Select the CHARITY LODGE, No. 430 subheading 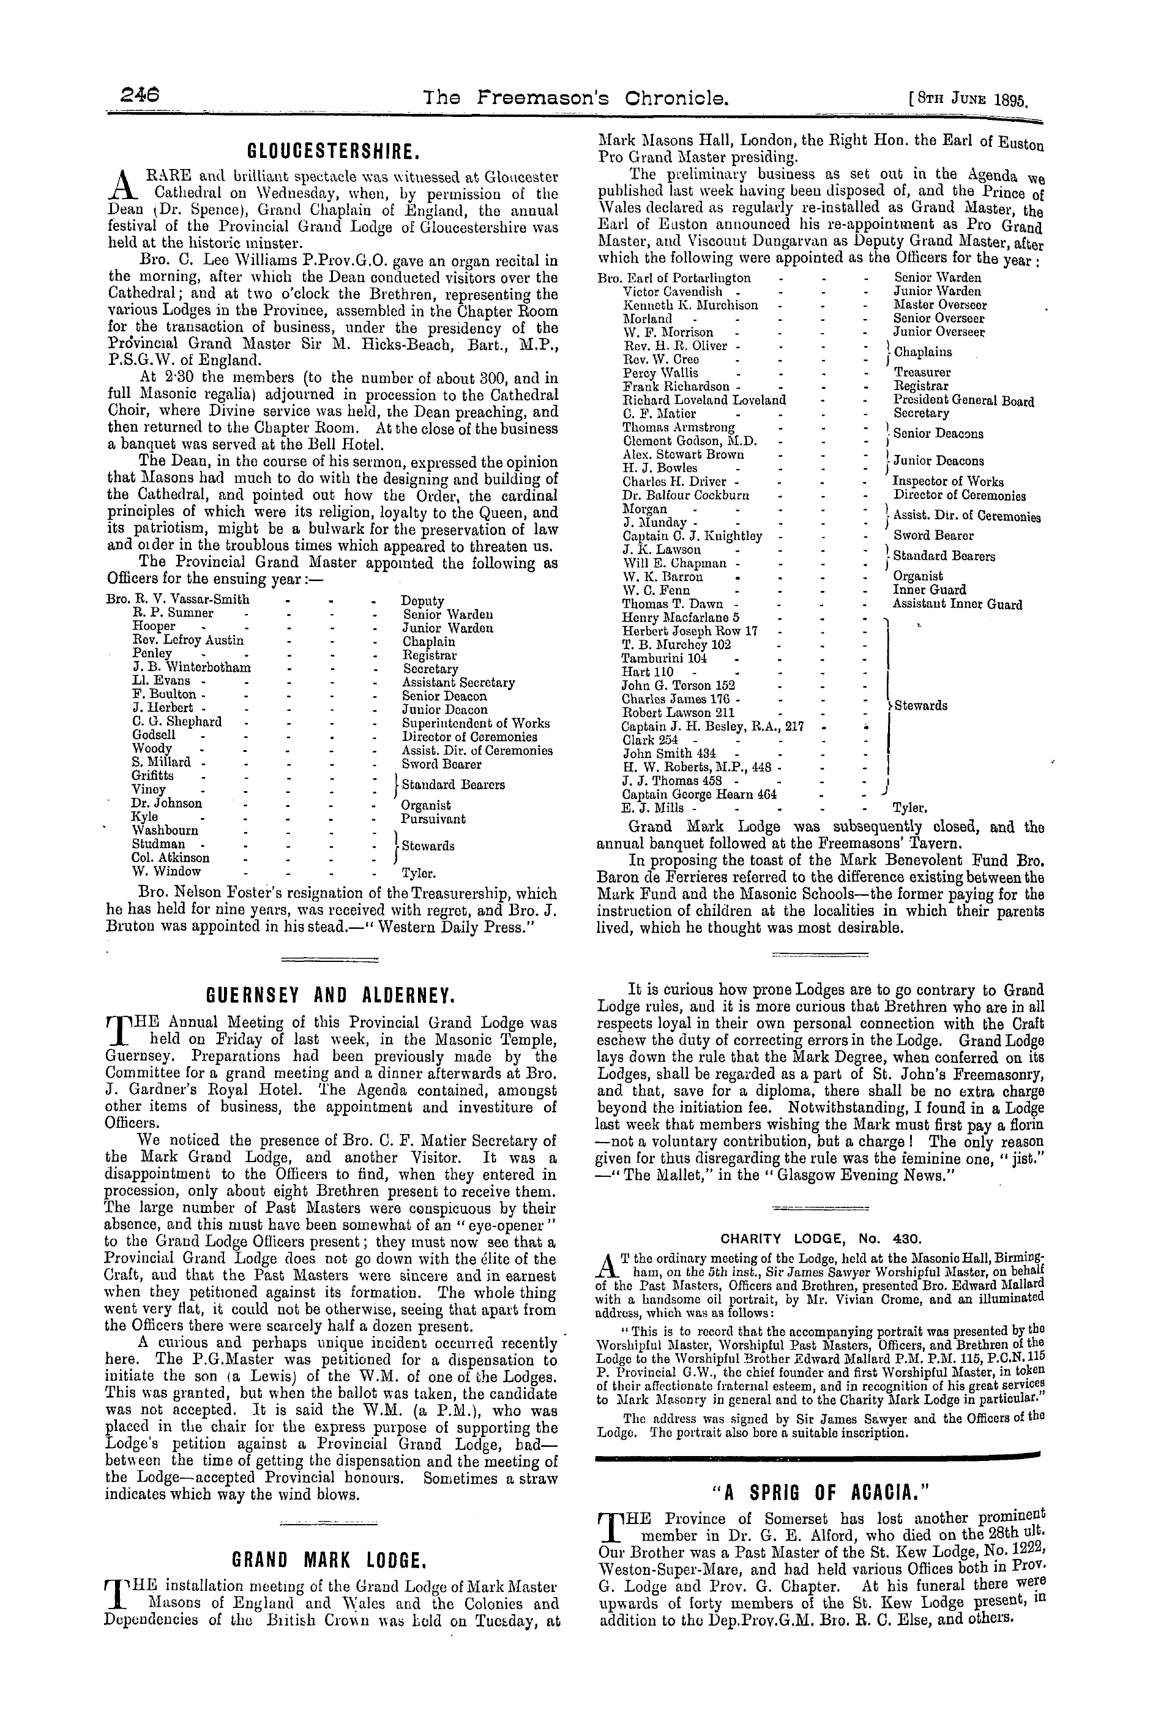point(820,1238)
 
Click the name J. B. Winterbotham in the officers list point(192,669)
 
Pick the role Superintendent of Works point(476,723)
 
